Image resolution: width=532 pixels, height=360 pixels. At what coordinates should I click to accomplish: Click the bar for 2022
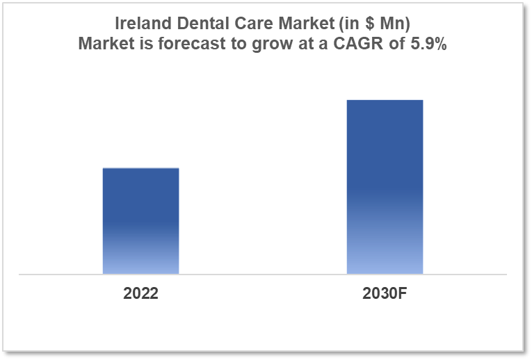[140, 221]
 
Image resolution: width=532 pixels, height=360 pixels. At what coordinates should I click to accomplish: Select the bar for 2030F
[385, 187]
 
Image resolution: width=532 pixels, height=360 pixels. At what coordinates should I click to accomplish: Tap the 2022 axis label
[140, 293]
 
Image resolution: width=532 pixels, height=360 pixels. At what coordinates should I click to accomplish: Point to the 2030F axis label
[385, 293]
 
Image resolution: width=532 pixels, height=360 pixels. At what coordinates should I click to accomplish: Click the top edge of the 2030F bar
[385, 100]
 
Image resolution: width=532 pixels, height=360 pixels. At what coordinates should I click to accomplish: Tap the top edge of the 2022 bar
[140, 168]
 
